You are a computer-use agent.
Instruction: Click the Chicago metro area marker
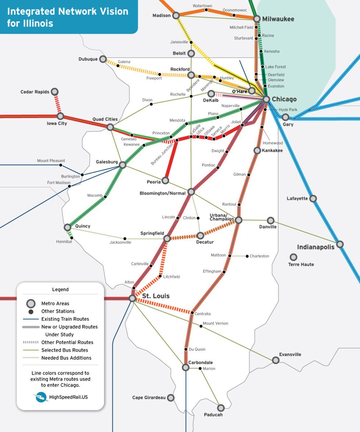tap(266, 99)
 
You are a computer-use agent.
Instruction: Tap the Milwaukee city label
tap(278, 19)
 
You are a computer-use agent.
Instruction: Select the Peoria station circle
tap(165, 180)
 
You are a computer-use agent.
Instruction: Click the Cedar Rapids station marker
tap(55, 91)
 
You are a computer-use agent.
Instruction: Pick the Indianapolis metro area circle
tap(340, 244)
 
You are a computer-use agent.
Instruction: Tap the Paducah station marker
tap(221, 408)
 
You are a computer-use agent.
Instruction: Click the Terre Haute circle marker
tap(293, 257)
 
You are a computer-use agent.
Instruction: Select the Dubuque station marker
tap(103, 59)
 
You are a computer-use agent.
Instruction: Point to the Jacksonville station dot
tap(125, 238)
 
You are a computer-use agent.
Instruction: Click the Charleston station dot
tap(247, 256)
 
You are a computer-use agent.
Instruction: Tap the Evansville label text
tap(290, 354)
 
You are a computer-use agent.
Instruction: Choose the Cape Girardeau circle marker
tap(170, 397)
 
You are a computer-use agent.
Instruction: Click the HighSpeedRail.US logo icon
tap(40, 397)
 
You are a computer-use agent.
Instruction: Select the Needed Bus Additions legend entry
tap(66, 358)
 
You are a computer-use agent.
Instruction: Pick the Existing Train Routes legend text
tap(65, 319)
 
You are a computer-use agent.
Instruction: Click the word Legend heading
tap(60, 289)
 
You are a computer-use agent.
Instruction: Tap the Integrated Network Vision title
tap(68, 17)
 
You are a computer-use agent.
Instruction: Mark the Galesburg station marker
tap(123, 165)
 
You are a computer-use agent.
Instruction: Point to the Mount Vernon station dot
tap(201, 326)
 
